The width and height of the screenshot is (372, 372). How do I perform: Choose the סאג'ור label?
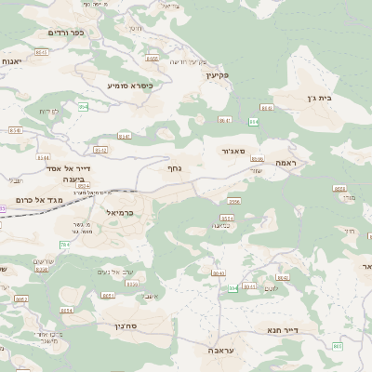pos(233,150)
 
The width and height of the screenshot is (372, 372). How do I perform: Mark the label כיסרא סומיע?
pos(129,85)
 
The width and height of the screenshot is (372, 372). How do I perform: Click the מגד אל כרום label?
pos(39,200)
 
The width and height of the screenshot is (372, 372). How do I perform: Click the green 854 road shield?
pos(83,107)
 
